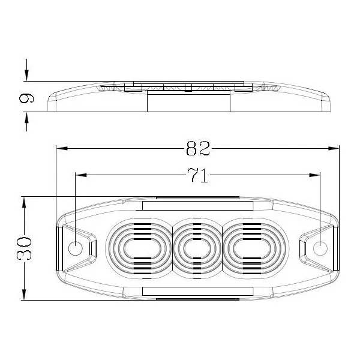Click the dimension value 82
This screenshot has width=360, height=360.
click(x=197, y=148)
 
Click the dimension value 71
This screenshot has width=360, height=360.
click(x=197, y=175)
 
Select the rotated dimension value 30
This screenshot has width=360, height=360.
click(x=24, y=248)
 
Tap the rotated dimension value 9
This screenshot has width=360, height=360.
click(x=26, y=98)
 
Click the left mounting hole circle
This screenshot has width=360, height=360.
click(x=76, y=248)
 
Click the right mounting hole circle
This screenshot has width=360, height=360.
click(x=320, y=248)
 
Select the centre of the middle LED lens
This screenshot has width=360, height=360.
click(x=197, y=248)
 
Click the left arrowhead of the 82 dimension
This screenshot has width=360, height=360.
click(x=62, y=148)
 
